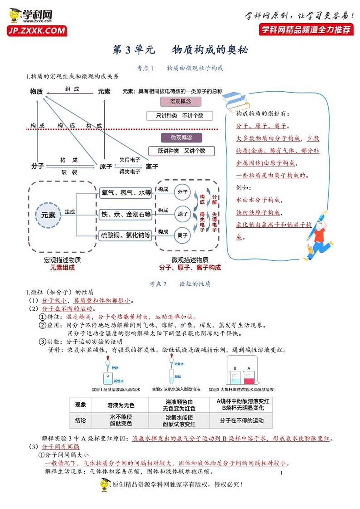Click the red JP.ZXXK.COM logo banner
click(x=36, y=31)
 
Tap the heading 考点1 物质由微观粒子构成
click(x=180, y=68)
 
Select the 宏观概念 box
click(x=180, y=101)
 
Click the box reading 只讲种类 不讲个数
click(x=180, y=116)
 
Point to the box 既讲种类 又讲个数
click(x=181, y=151)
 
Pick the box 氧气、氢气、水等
click(x=126, y=193)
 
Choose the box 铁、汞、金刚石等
click(x=126, y=214)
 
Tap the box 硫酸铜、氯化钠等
click(x=126, y=235)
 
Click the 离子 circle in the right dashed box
click(x=183, y=235)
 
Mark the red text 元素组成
click(x=62, y=268)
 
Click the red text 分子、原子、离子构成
click(x=190, y=268)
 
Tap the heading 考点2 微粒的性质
click(x=180, y=284)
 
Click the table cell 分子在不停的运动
click(x=241, y=421)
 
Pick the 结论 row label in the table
click(x=80, y=421)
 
